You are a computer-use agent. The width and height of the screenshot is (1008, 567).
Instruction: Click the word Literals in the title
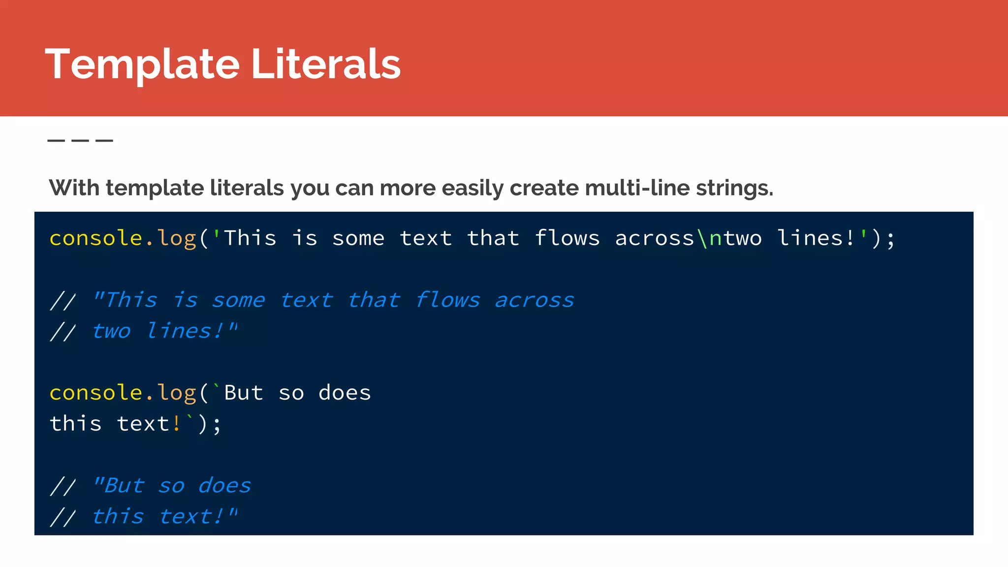point(326,64)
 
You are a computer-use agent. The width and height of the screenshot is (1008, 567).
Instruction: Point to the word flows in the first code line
point(567,239)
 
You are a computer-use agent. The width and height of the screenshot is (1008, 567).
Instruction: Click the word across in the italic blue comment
point(535,300)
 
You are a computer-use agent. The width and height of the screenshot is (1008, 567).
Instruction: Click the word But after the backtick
point(244,393)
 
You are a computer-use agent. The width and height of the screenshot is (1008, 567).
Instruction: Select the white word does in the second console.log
point(345,393)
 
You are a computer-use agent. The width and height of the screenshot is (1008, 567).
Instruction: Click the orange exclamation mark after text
point(177,424)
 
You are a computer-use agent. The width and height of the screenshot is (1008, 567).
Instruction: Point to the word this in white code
point(76,424)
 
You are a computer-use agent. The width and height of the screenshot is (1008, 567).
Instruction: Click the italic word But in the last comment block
point(125,486)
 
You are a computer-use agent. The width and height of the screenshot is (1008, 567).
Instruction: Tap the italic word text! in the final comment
point(192,517)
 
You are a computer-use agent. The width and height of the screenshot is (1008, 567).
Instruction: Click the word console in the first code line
point(95,239)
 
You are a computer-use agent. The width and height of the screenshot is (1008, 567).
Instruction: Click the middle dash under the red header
point(80,141)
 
